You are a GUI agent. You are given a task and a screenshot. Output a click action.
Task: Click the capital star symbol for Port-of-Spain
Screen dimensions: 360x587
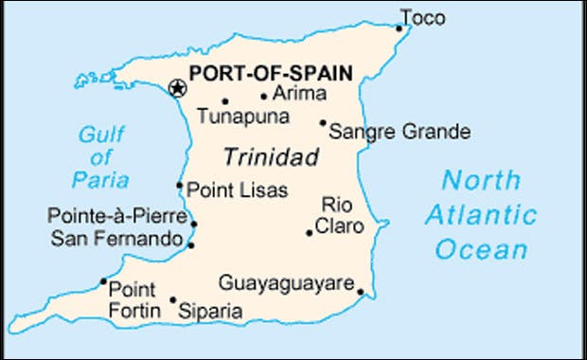tap(176, 88)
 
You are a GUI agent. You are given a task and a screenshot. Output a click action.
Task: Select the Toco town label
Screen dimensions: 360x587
tap(421, 17)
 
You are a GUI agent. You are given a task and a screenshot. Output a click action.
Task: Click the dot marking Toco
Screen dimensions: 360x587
tap(400, 28)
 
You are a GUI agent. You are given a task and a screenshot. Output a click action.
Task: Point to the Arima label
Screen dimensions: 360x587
tap(298, 93)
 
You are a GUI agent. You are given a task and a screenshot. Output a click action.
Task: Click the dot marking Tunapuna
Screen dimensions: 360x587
tap(225, 101)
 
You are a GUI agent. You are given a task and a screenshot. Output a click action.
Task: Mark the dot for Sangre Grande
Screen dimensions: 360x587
tap(323, 122)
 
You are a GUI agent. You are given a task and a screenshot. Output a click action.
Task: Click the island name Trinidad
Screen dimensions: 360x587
tap(271, 156)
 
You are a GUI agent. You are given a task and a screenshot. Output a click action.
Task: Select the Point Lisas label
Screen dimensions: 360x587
tap(237, 189)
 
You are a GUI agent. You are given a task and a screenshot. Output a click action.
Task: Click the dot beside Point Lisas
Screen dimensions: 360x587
tap(180, 186)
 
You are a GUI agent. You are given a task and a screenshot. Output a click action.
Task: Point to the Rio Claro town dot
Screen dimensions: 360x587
tap(310, 232)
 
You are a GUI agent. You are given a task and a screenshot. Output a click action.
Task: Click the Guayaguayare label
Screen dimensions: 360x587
tap(286, 282)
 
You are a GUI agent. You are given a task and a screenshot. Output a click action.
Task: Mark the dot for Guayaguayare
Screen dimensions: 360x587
tap(360, 291)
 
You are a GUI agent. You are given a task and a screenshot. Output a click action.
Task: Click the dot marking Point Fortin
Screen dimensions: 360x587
tap(103, 281)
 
